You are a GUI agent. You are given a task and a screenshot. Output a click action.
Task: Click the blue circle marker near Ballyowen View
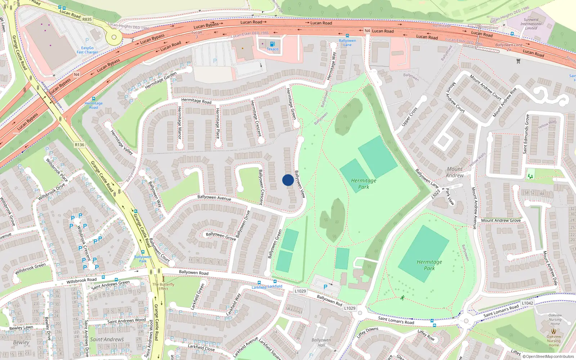(288, 180)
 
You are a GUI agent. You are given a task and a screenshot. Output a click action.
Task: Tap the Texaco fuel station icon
(272, 44)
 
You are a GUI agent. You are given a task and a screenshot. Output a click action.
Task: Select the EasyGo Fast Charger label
(87, 50)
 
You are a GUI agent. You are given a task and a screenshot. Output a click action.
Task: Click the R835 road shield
(87, 19)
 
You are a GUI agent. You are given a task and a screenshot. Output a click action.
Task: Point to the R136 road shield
(80, 145)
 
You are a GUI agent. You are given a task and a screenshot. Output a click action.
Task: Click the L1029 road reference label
(300, 291)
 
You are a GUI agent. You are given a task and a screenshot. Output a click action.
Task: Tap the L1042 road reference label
(527, 303)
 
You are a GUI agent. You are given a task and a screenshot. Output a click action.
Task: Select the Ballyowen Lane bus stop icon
(347, 36)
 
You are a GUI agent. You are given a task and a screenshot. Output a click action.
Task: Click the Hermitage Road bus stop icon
(94, 98)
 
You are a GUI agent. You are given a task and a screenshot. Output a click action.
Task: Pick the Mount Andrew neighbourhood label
(455, 172)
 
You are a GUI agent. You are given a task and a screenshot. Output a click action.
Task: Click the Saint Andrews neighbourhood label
(107, 339)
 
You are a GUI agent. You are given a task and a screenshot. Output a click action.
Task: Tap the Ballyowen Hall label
(321, 342)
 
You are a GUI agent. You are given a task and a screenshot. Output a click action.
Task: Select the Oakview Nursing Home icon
(554, 331)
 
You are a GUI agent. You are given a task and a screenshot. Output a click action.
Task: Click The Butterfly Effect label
(163, 286)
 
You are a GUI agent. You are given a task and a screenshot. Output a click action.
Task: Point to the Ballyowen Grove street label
(221, 236)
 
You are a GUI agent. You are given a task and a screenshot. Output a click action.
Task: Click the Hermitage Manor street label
(179, 123)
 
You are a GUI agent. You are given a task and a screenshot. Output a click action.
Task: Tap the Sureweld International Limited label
(531, 24)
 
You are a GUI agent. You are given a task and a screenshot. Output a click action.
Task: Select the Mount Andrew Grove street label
(501, 220)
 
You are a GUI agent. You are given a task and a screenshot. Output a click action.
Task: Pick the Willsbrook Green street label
(30, 268)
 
